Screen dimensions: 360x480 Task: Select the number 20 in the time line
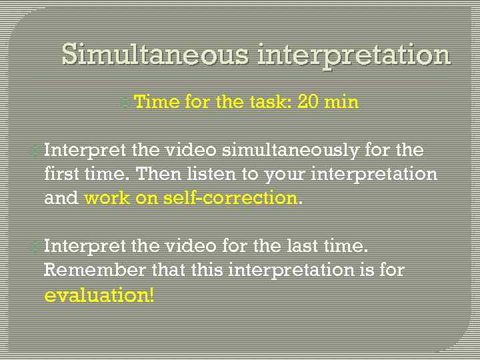coord(309,102)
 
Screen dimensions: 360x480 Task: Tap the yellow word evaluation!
coord(99,295)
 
